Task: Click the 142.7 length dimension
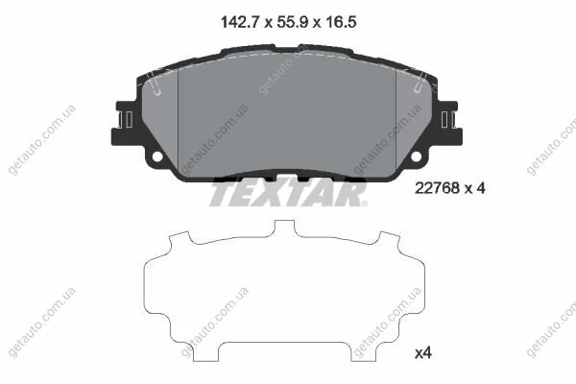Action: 240,22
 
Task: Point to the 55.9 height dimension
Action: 293,22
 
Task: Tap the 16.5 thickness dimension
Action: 340,22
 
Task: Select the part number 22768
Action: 437,188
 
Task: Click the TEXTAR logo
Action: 288,193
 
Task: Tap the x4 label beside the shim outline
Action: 423,353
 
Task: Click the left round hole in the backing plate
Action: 157,156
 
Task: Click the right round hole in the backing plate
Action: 416,156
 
